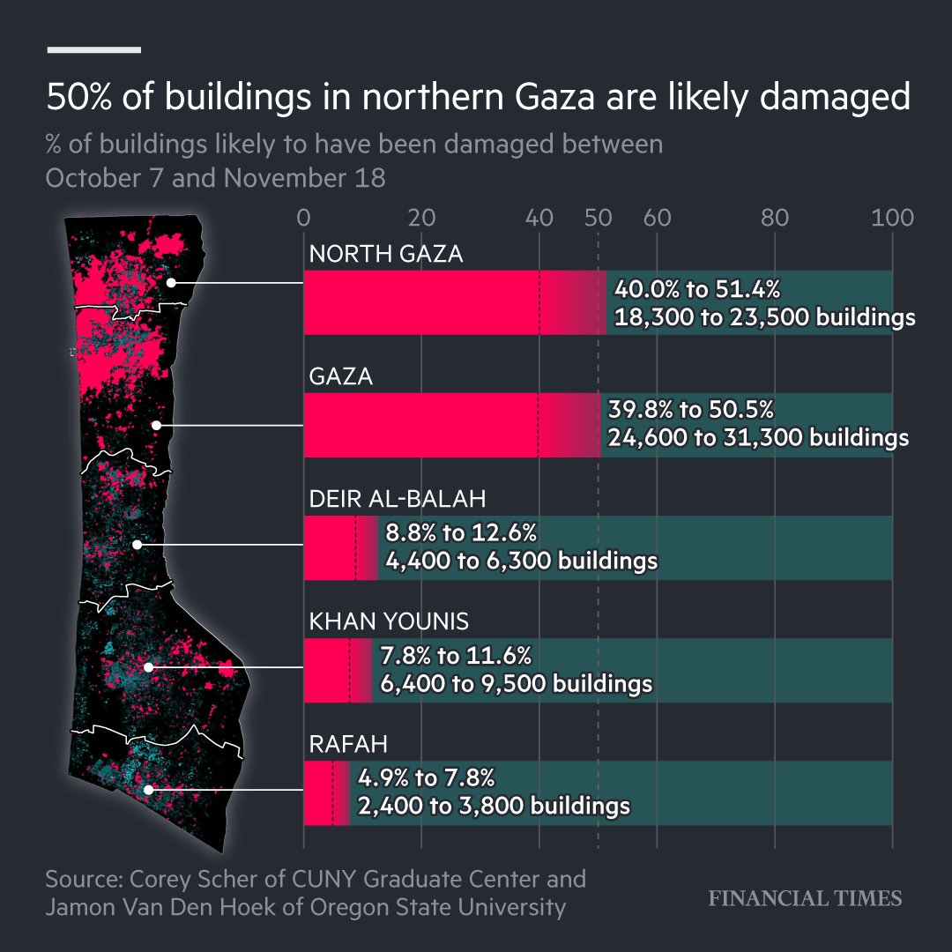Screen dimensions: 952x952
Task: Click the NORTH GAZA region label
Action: pyautogui.click(x=385, y=255)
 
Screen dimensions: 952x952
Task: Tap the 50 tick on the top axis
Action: pyautogui.click(x=598, y=217)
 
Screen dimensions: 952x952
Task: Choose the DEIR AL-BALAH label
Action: pyautogui.click(x=398, y=500)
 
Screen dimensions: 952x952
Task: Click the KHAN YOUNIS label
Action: pyautogui.click(x=389, y=622)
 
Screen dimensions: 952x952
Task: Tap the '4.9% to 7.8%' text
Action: pyautogui.click(x=427, y=778)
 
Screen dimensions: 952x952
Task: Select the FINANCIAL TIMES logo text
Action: pyautogui.click(x=806, y=898)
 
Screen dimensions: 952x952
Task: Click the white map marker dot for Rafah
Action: pyautogui.click(x=149, y=790)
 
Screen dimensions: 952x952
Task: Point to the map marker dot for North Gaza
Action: pyautogui.click(x=172, y=282)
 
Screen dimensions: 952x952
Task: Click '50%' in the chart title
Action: pyautogui.click(x=78, y=98)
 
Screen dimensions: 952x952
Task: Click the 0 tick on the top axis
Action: pyautogui.click(x=304, y=217)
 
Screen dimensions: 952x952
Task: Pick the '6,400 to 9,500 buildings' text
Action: pyautogui.click(x=516, y=683)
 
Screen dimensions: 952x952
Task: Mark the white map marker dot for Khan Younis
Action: pyautogui.click(x=149, y=667)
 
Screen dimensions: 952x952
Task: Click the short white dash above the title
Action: pyautogui.click(x=93, y=49)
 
